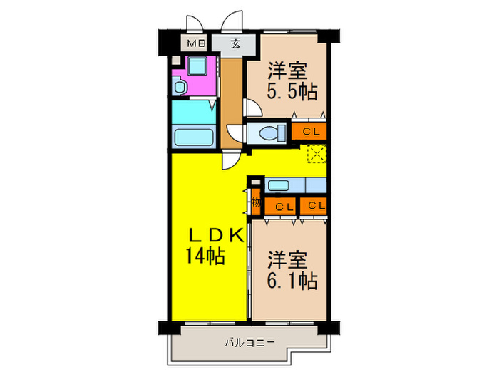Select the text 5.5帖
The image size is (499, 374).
[292, 92]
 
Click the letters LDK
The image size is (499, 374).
[216, 236]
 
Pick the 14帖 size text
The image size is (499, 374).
[206, 256]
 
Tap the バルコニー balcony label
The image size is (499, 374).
[249, 342]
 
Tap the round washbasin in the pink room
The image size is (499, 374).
[180, 88]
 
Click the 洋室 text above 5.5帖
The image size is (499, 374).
[287, 71]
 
